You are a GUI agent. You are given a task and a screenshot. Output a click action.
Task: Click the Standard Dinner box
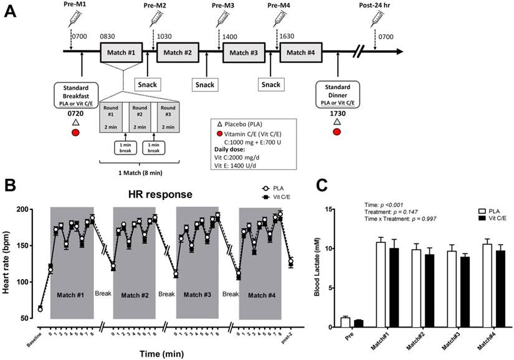(337, 95)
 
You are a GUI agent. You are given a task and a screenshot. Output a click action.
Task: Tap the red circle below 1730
(337, 132)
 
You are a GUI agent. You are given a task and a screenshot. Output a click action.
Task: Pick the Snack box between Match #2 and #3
(206, 83)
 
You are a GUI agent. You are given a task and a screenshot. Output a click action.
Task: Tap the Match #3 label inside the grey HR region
(198, 293)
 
